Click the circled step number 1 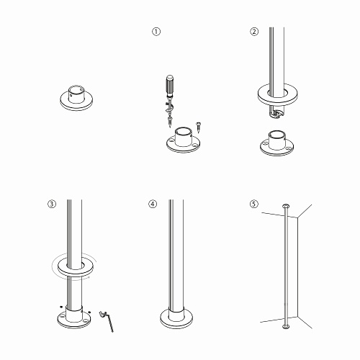pos(156,32)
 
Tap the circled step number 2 pos(254,32)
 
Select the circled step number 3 pos(52,204)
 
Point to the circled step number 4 pos(153,204)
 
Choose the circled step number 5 pos(254,204)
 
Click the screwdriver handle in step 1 pos(170,85)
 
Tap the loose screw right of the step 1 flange pos(199,127)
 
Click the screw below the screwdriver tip pos(170,122)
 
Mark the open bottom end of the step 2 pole pos(276,114)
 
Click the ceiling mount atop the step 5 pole pos(286,206)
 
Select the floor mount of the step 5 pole pos(286,327)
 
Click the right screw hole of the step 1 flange pos(196,145)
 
